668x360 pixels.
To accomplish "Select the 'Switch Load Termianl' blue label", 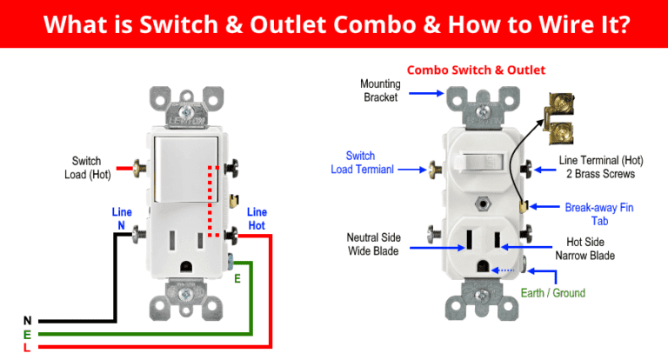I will tap(362, 163).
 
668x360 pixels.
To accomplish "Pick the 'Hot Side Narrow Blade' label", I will tap(585, 249).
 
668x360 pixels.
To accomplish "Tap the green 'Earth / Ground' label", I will tap(553, 293).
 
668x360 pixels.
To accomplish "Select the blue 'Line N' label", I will tap(122, 218).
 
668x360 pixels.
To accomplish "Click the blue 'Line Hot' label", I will tap(257, 218).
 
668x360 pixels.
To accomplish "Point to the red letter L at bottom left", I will tap(27, 348).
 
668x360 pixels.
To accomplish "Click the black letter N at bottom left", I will tap(27, 321).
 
